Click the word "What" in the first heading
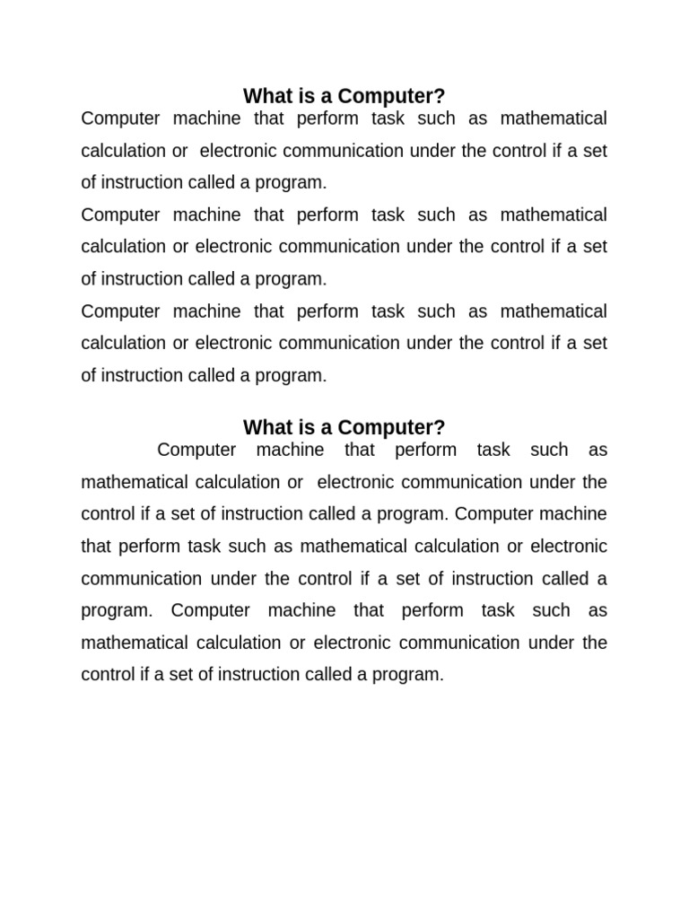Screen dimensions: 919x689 pyautogui.click(x=266, y=96)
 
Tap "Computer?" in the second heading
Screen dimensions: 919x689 pyautogui.click(x=391, y=428)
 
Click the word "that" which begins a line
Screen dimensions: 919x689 pyautogui.click(x=97, y=547)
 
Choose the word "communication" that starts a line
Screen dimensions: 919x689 pyautogui.click(x=129, y=579)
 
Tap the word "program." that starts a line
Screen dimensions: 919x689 pyautogui.click(x=115, y=611)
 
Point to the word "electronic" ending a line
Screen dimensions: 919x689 pyautogui.click(x=569, y=547)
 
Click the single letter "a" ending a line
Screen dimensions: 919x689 pyautogui.click(x=602, y=579)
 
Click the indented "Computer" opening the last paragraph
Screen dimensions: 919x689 pyautogui.click(x=196, y=451)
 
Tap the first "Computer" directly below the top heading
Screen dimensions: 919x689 pyautogui.click(x=118, y=118)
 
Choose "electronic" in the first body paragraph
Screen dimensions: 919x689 pyautogui.click(x=235, y=151)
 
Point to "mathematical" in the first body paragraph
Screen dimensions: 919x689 pyautogui.click(x=554, y=118)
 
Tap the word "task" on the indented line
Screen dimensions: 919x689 pyautogui.click(x=493, y=451)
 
